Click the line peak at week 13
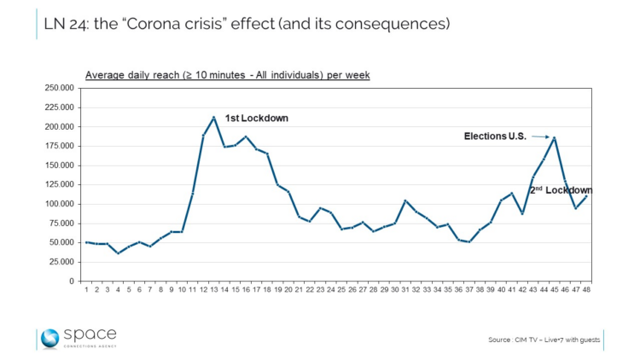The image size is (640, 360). coord(212,117)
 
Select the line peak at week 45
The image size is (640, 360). coord(555,137)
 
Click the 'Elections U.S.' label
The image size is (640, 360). coord(494,136)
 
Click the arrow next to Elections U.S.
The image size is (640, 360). coord(539,136)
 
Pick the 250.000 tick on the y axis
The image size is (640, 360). coord(61,88)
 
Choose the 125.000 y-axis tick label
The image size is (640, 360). coord(61,184)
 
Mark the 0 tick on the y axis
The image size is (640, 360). coord(73,282)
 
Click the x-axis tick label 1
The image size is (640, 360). coord(87,291)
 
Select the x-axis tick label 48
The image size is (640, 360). coord(586,291)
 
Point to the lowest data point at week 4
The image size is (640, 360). coord(119,253)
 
